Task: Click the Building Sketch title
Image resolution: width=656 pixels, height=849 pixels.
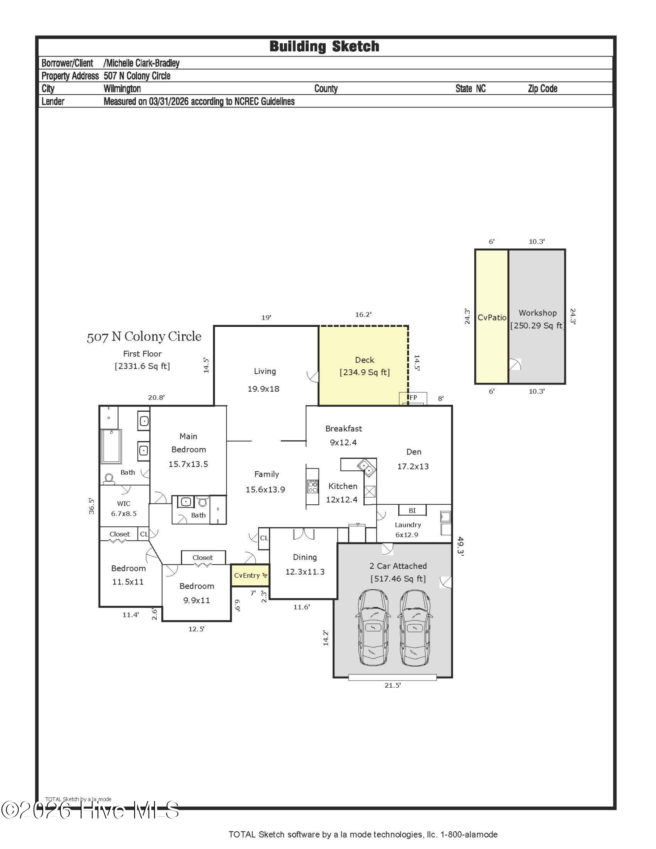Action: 324,46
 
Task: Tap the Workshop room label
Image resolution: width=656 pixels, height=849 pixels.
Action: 538,313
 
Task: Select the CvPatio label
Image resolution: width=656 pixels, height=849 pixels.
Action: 492,318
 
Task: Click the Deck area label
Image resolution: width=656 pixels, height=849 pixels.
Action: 364,360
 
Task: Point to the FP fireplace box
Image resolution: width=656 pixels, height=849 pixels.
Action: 413,398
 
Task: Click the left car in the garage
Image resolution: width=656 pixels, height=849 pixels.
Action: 373,627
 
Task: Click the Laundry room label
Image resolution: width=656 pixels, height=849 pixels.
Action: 408,525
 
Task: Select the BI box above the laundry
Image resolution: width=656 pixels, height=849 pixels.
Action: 412,510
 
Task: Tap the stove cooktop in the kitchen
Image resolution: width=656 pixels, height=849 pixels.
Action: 313,486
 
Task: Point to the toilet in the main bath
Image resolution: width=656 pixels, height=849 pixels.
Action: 109,479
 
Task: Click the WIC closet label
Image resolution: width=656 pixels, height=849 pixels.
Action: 124,504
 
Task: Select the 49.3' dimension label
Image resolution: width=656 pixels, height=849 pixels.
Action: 460,546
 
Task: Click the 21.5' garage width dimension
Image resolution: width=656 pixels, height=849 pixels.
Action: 392,685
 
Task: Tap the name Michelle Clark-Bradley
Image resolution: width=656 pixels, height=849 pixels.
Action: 141,63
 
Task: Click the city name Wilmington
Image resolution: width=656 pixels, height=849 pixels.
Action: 122,89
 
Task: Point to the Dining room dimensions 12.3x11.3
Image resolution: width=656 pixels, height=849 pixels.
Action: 305,572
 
